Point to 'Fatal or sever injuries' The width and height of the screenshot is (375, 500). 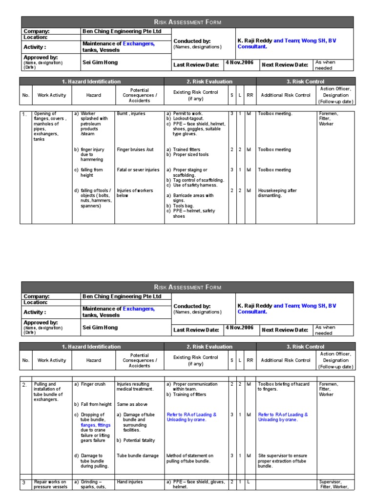[x=138, y=170]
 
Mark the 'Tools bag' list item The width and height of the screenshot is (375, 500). [x=184, y=206]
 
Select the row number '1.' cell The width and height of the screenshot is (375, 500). [x=24, y=114]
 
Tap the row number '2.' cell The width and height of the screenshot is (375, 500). [x=24, y=385]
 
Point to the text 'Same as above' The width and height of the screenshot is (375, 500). [x=132, y=404]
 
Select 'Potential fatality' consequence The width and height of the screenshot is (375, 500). [x=139, y=440]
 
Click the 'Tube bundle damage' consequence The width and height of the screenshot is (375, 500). [x=138, y=456]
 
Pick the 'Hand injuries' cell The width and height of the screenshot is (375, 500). [x=130, y=482]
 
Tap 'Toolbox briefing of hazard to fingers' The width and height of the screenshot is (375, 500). [x=284, y=387]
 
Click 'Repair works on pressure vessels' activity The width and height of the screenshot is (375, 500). [x=50, y=484]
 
